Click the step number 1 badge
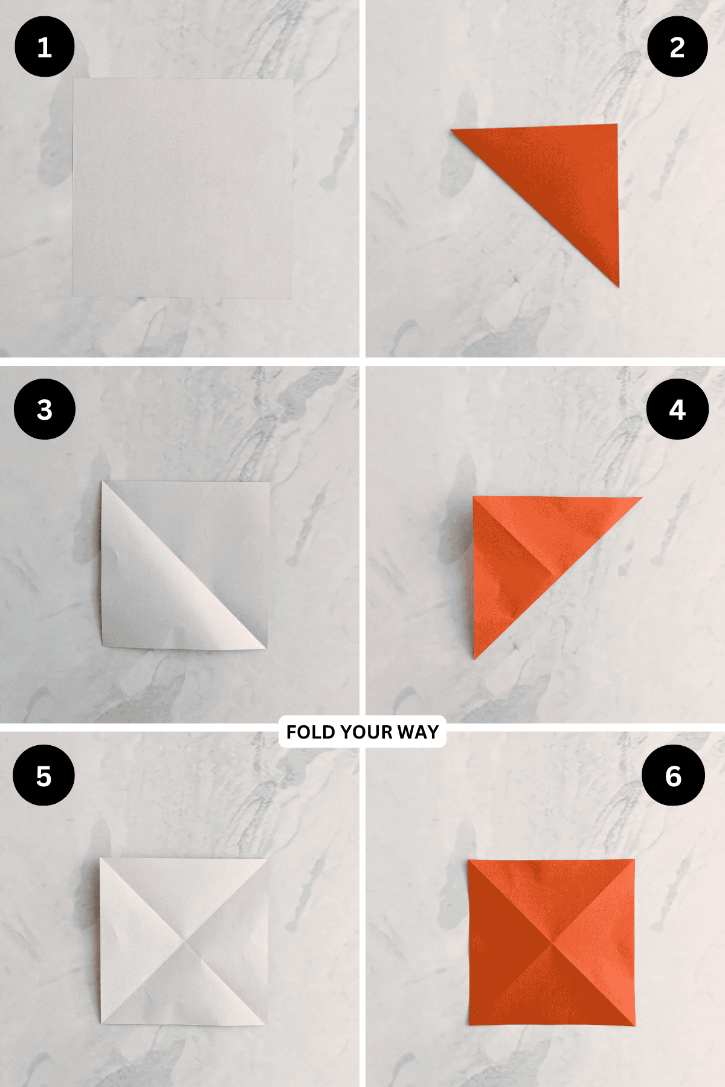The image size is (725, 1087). coord(44,47)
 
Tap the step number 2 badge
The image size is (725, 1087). coord(677,47)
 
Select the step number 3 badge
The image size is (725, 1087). coord(44,409)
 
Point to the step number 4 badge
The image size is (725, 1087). coord(677,409)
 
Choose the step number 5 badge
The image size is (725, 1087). coord(43,775)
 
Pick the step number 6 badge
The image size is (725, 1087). coord(673,775)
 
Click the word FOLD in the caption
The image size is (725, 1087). coord(311,732)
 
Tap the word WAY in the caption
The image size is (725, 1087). coord(418,732)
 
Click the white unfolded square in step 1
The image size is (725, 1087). coord(182,188)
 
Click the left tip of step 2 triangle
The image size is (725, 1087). coord(453,130)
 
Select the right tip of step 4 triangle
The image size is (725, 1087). coord(640,498)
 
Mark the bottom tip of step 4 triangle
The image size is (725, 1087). coord(475,657)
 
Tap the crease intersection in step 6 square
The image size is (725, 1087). coord(551,943)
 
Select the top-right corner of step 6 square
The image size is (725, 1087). coord(634,860)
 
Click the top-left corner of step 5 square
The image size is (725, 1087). coord(101,858)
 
